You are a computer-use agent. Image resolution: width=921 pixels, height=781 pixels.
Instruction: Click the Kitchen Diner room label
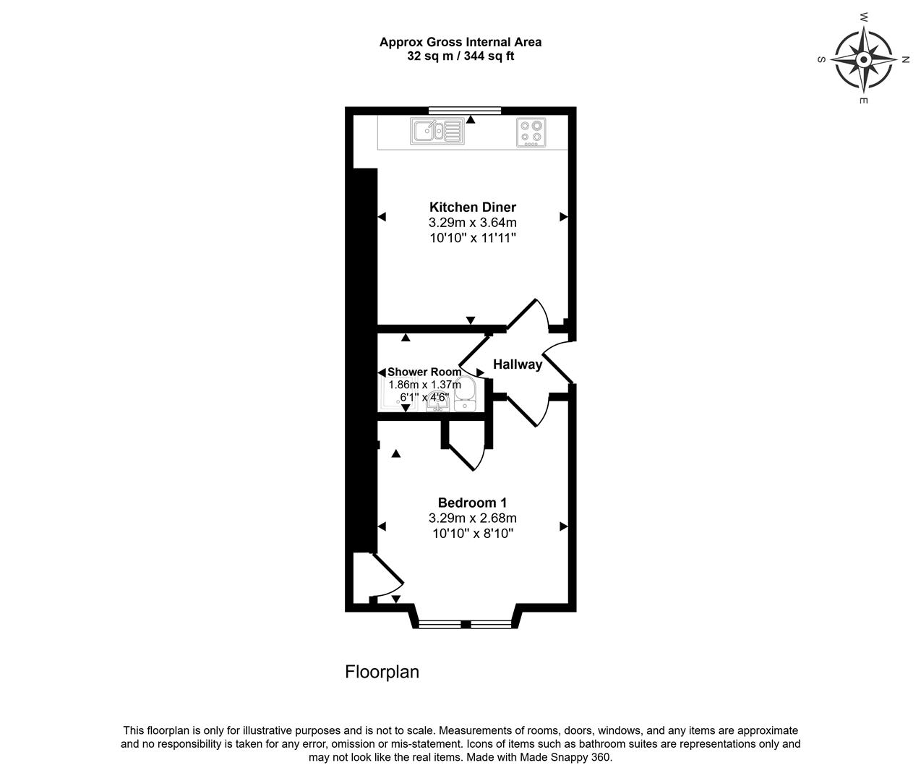pyautogui.click(x=472, y=208)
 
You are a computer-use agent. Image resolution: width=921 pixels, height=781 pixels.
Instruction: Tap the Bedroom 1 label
pyautogui.click(x=472, y=503)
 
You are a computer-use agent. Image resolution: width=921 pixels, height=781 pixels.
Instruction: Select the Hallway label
pyautogui.click(x=518, y=364)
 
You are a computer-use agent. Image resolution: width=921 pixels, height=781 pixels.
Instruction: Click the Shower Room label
pyautogui.click(x=424, y=372)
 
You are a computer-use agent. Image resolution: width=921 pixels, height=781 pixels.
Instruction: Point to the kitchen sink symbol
pyautogui.click(x=437, y=131)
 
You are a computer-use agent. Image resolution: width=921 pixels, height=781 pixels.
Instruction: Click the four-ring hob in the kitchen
pyautogui.click(x=531, y=132)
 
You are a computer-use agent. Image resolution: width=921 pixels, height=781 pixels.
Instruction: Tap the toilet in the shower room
pyautogui.click(x=465, y=394)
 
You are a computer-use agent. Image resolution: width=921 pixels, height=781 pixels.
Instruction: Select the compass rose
pyautogui.click(x=864, y=59)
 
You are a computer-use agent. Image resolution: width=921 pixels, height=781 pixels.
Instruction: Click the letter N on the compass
pyautogui.click(x=905, y=59)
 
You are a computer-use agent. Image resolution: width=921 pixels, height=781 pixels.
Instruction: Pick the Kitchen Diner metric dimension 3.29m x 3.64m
pyautogui.click(x=472, y=223)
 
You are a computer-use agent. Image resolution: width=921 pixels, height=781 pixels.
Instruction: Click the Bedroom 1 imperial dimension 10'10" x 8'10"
pyautogui.click(x=473, y=533)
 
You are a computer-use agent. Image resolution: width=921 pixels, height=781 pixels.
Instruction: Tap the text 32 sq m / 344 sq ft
pyautogui.click(x=460, y=56)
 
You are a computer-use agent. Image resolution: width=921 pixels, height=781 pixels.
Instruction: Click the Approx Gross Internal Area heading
pyautogui.click(x=460, y=43)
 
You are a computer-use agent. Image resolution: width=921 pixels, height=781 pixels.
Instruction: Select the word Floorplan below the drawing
pyautogui.click(x=382, y=672)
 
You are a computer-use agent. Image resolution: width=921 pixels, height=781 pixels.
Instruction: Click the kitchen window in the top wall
pyautogui.click(x=465, y=111)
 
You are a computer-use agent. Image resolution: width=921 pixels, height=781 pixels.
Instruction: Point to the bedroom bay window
pyautogui.click(x=465, y=625)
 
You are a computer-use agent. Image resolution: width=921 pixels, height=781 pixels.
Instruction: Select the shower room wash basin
pyautogui.click(x=437, y=404)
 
